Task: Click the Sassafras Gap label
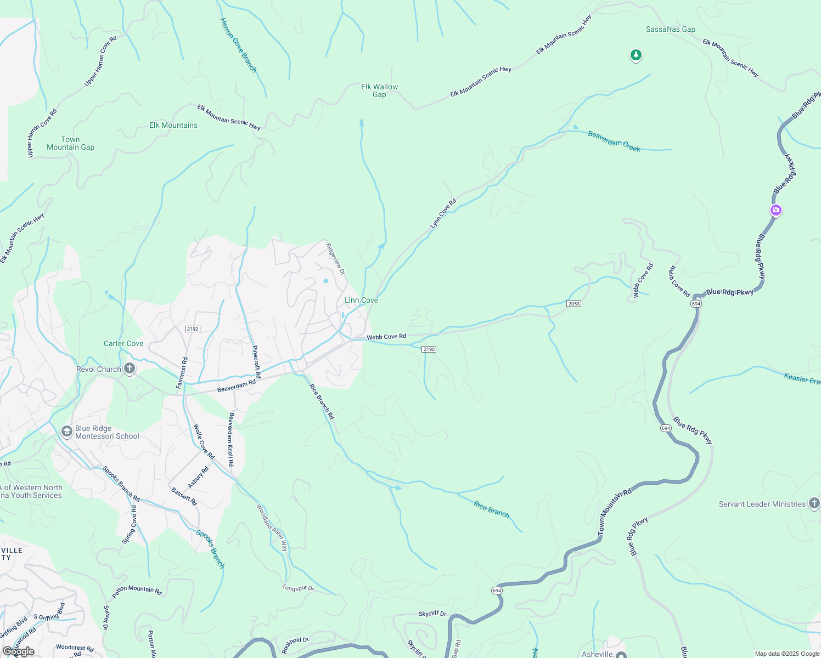tap(670, 30)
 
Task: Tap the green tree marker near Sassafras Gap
tap(636, 55)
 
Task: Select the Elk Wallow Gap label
tap(379, 90)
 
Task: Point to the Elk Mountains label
tap(173, 125)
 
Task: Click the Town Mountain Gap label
tap(70, 143)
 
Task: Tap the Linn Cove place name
tap(361, 300)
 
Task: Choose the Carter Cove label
tap(123, 344)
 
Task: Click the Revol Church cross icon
tap(130, 368)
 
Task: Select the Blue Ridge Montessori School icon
tap(67, 432)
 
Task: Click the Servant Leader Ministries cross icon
tap(814, 503)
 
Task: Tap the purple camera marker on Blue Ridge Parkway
tap(775, 209)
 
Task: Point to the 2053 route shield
tap(573, 304)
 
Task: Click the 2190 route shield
tap(429, 349)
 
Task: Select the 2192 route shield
tap(193, 329)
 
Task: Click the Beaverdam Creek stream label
tap(614, 141)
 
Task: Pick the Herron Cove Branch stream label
tap(238, 45)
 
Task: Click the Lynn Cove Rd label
tap(443, 214)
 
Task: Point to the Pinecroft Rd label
tap(256, 362)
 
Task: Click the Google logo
tap(19, 651)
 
